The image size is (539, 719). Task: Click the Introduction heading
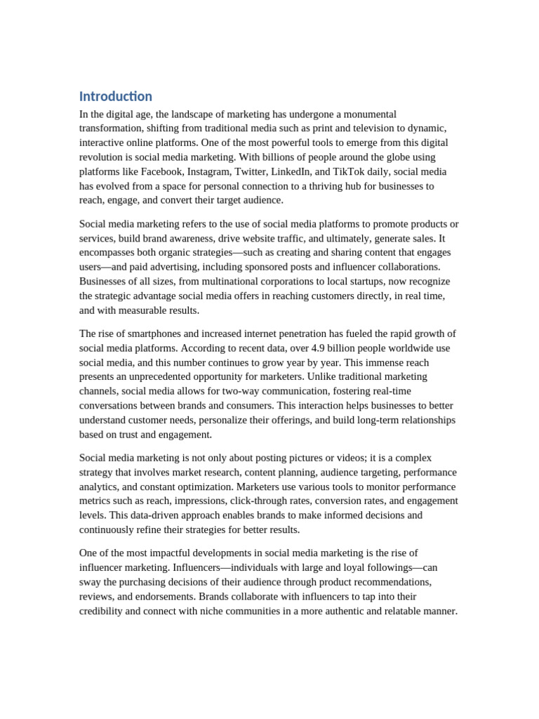(x=115, y=96)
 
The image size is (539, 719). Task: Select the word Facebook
(x=161, y=171)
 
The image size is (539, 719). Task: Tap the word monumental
(x=365, y=114)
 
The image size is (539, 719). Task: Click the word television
(x=352, y=128)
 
